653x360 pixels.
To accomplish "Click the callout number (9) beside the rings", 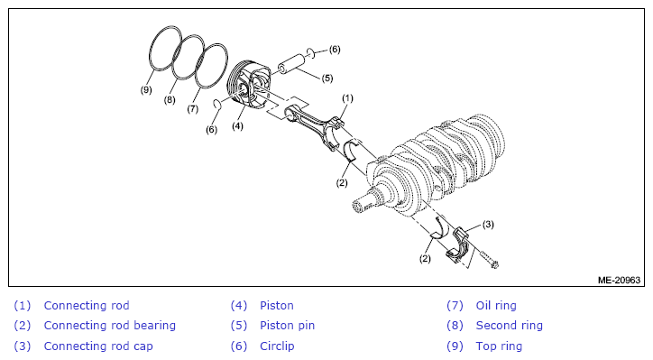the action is pos(146,89).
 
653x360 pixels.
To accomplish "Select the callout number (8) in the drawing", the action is pos(170,100).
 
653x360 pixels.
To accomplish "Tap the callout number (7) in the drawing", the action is pos(192,109).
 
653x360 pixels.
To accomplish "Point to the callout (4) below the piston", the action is pos(237,125).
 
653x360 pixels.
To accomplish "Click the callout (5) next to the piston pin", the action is pos(327,78).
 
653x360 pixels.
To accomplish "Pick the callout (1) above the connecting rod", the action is pos(347,98).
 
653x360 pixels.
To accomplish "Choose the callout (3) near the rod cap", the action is pos(488,225).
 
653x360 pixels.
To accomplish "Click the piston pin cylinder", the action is pos(291,64).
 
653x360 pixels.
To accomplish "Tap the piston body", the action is pos(249,85).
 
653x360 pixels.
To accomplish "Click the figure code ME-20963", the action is pos(619,280).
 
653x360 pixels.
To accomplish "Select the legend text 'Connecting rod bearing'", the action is pos(109,326).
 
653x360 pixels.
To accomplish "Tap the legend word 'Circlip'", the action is pos(277,346).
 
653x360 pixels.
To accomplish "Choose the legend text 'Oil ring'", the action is pos(496,306).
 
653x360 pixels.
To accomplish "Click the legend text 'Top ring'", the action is pos(499,346).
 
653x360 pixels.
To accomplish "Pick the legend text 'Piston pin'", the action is pos(287,326).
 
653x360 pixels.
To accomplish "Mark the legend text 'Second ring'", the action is pos(510,326).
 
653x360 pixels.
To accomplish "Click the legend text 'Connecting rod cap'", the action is pos(98,346).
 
